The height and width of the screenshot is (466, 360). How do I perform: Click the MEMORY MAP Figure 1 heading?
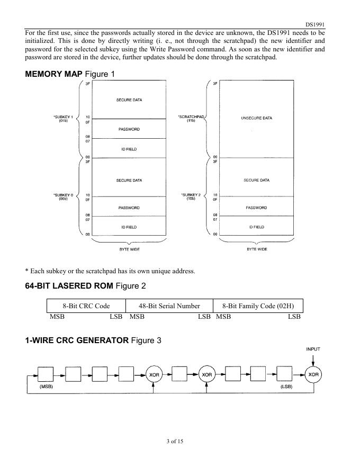(70, 74)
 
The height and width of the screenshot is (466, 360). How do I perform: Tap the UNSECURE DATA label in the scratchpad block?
(256, 118)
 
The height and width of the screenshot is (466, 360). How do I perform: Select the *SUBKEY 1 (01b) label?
(63, 119)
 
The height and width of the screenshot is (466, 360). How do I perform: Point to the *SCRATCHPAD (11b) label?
(192, 119)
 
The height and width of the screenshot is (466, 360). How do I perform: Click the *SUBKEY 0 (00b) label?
(63, 196)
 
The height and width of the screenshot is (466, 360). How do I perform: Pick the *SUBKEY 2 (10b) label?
(192, 196)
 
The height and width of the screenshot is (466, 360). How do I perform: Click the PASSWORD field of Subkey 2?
(256, 208)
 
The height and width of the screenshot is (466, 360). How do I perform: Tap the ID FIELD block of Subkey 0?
(129, 227)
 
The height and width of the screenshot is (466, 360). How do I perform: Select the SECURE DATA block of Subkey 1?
(129, 100)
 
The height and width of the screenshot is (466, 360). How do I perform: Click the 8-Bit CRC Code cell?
(86, 306)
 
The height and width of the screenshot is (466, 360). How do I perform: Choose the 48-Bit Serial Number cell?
(169, 306)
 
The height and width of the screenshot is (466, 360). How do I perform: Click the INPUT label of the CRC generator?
(313, 349)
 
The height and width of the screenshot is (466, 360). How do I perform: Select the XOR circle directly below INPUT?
(313, 374)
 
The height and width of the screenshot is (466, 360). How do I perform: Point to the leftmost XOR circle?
(154, 374)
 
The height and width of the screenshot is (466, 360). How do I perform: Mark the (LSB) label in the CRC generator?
(286, 386)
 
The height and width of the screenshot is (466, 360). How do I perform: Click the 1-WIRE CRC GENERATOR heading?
(93, 340)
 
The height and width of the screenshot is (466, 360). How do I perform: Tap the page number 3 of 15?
(174, 441)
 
